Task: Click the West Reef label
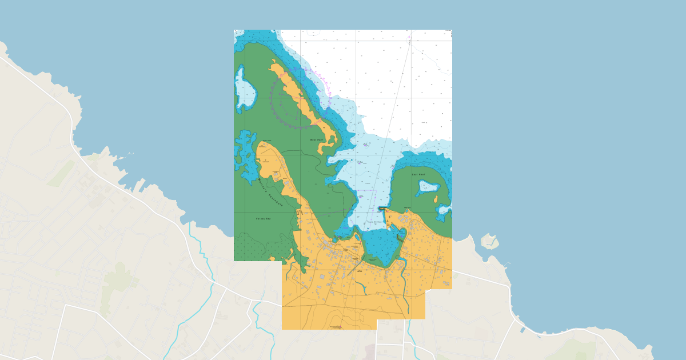pos(316,139)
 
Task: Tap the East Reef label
pos(418,174)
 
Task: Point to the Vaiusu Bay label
pos(262,218)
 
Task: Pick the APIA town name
pos(359,271)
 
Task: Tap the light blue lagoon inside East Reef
pos(428,186)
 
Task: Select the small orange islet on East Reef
pos(436,199)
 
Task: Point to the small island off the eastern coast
pos(489,241)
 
